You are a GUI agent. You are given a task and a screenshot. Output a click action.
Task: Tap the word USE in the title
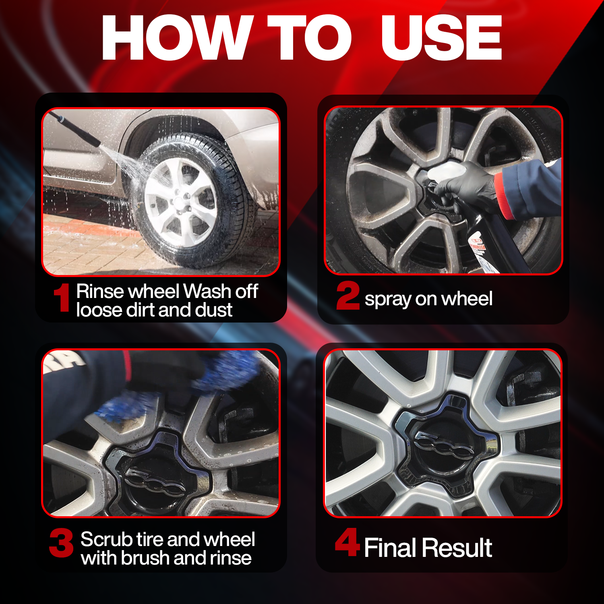pyautogui.click(x=441, y=38)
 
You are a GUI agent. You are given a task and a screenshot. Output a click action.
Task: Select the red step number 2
pyautogui.click(x=348, y=296)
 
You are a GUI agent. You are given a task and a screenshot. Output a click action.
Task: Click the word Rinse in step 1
pyautogui.click(x=100, y=291)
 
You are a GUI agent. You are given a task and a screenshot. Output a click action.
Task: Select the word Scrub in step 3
pyautogui.click(x=106, y=539)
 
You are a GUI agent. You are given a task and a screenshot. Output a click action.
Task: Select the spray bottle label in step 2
pyautogui.click(x=478, y=246)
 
